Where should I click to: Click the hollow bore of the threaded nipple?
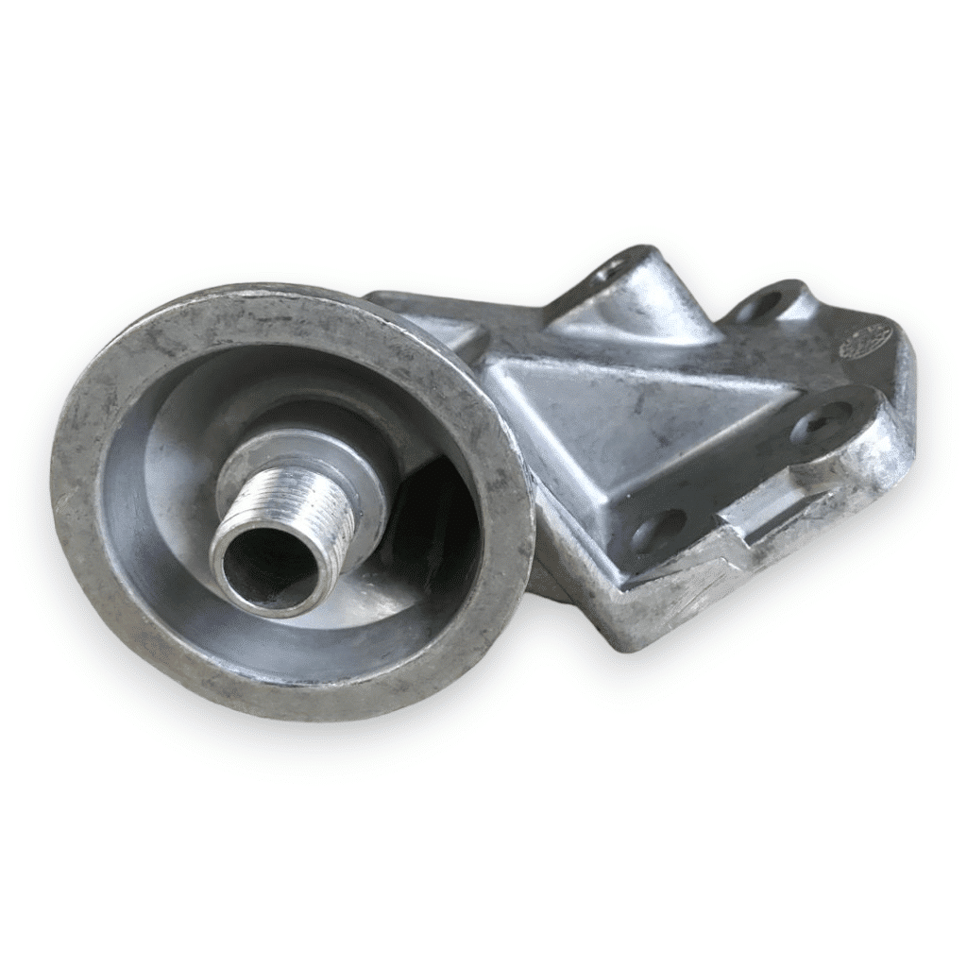pyautogui.click(x=266, y=569)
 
